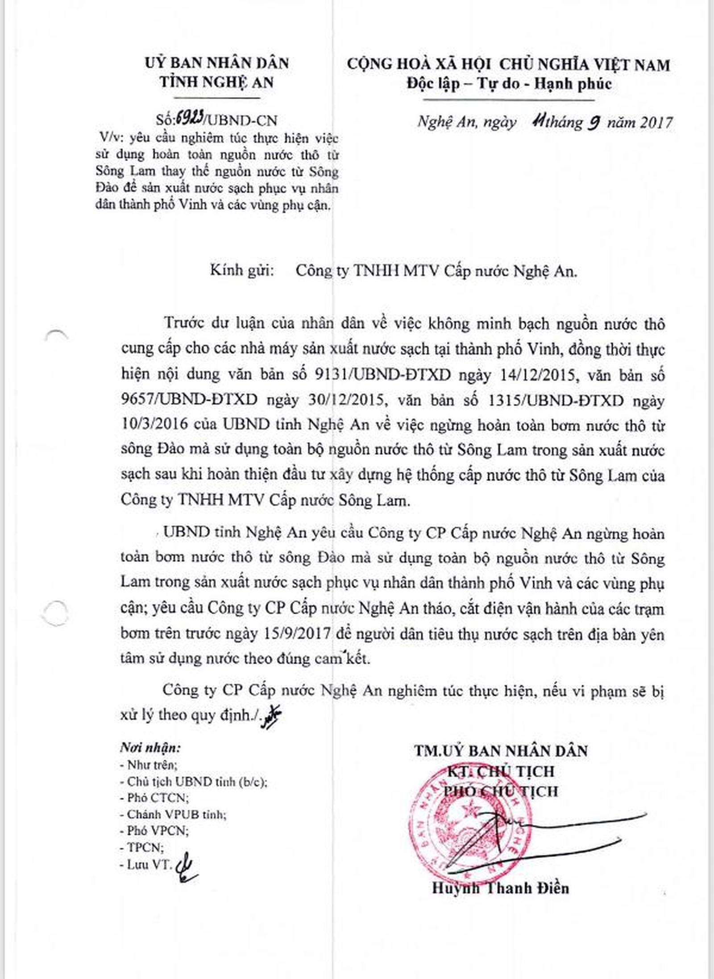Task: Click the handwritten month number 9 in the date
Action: (593, 122)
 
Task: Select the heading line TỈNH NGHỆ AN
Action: (217, 83)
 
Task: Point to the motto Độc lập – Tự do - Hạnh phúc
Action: (509, 83)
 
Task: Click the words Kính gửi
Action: (241, 271)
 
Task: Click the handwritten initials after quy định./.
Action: (272, 715)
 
